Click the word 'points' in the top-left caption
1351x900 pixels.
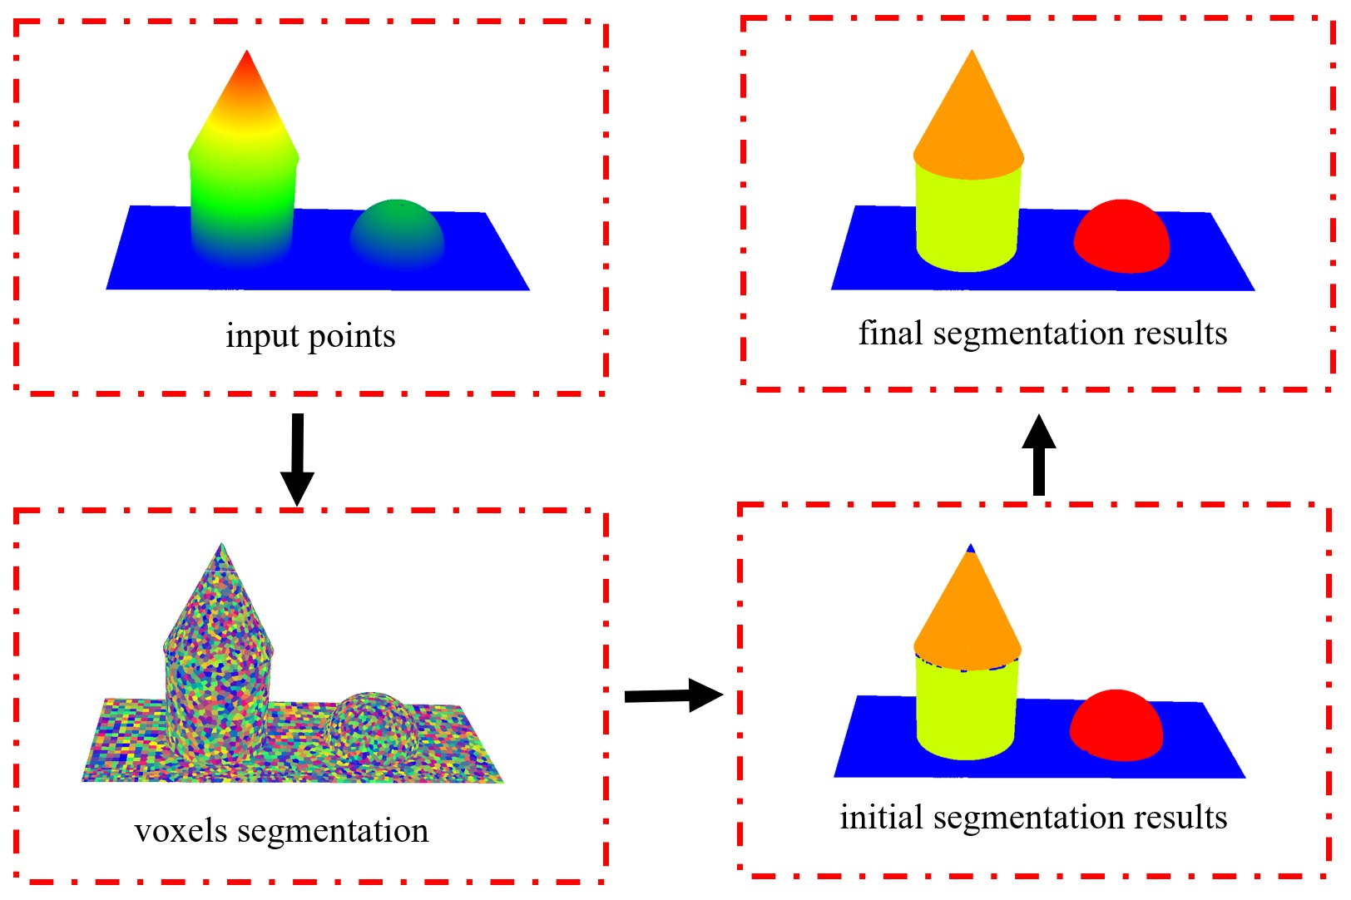click(x=352, y=336)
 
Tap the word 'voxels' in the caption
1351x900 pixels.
click(x=181, y=831)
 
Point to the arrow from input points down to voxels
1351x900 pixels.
click(x=297, y=457)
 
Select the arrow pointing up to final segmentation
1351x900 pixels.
click(x=1038, y=455)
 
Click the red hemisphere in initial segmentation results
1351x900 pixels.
click(x=1116, y=724)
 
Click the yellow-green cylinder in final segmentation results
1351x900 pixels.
click(x=967, y=220)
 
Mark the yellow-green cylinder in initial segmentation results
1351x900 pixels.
click(x=966, y=711)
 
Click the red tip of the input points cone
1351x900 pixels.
click(x=246, y=71)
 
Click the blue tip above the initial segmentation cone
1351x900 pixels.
click(x=970, y=548)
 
